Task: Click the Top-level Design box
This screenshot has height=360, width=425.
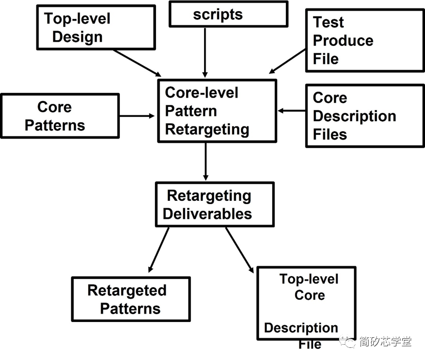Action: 96,27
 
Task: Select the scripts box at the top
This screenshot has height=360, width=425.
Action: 228,15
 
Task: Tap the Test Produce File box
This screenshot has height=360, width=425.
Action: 364,41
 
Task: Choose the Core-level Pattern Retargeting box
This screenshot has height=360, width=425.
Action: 217,111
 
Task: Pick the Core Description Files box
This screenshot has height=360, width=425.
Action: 364,116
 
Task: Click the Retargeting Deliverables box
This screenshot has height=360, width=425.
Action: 215,205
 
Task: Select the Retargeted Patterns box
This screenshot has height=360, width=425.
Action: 130,299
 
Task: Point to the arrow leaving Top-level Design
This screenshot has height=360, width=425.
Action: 137,63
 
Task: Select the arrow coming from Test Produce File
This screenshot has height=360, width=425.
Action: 288,61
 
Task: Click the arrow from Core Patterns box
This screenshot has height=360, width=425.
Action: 138,116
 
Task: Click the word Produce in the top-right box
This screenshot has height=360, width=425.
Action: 343,41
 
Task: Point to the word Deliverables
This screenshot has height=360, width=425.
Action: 207,213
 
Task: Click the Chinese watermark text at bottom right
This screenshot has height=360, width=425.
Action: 385,342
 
